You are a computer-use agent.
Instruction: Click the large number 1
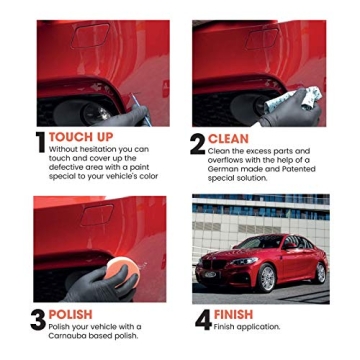click(x=41, y=143)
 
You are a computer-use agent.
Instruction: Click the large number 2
click(x=198, y=143)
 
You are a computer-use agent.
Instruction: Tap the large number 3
click(x=38, y=319)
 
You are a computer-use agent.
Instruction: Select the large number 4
click(x=202, y=319)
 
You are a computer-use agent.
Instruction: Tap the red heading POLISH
click(x=70, y=314)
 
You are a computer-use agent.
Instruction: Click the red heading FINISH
click(x=234, y=314)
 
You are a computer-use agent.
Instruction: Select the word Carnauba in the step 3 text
click(x=68, y=335)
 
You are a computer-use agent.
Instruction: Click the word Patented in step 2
click(x=297, y=169)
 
